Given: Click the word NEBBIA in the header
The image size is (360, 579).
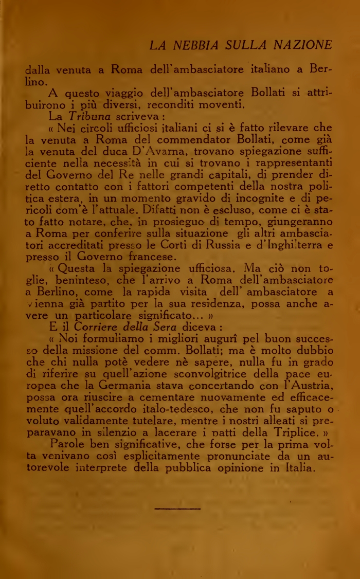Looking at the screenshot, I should (193, 46).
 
